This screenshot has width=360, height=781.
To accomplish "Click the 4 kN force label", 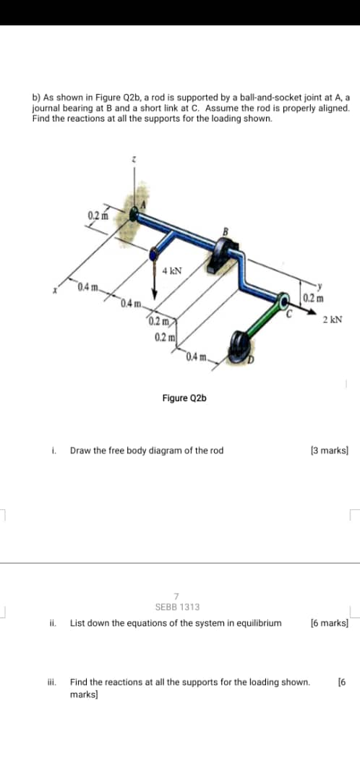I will (x=172, y=272).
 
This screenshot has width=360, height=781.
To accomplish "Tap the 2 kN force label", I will (x=333, y=318).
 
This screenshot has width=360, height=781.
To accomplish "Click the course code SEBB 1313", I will (x=178, y=607).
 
